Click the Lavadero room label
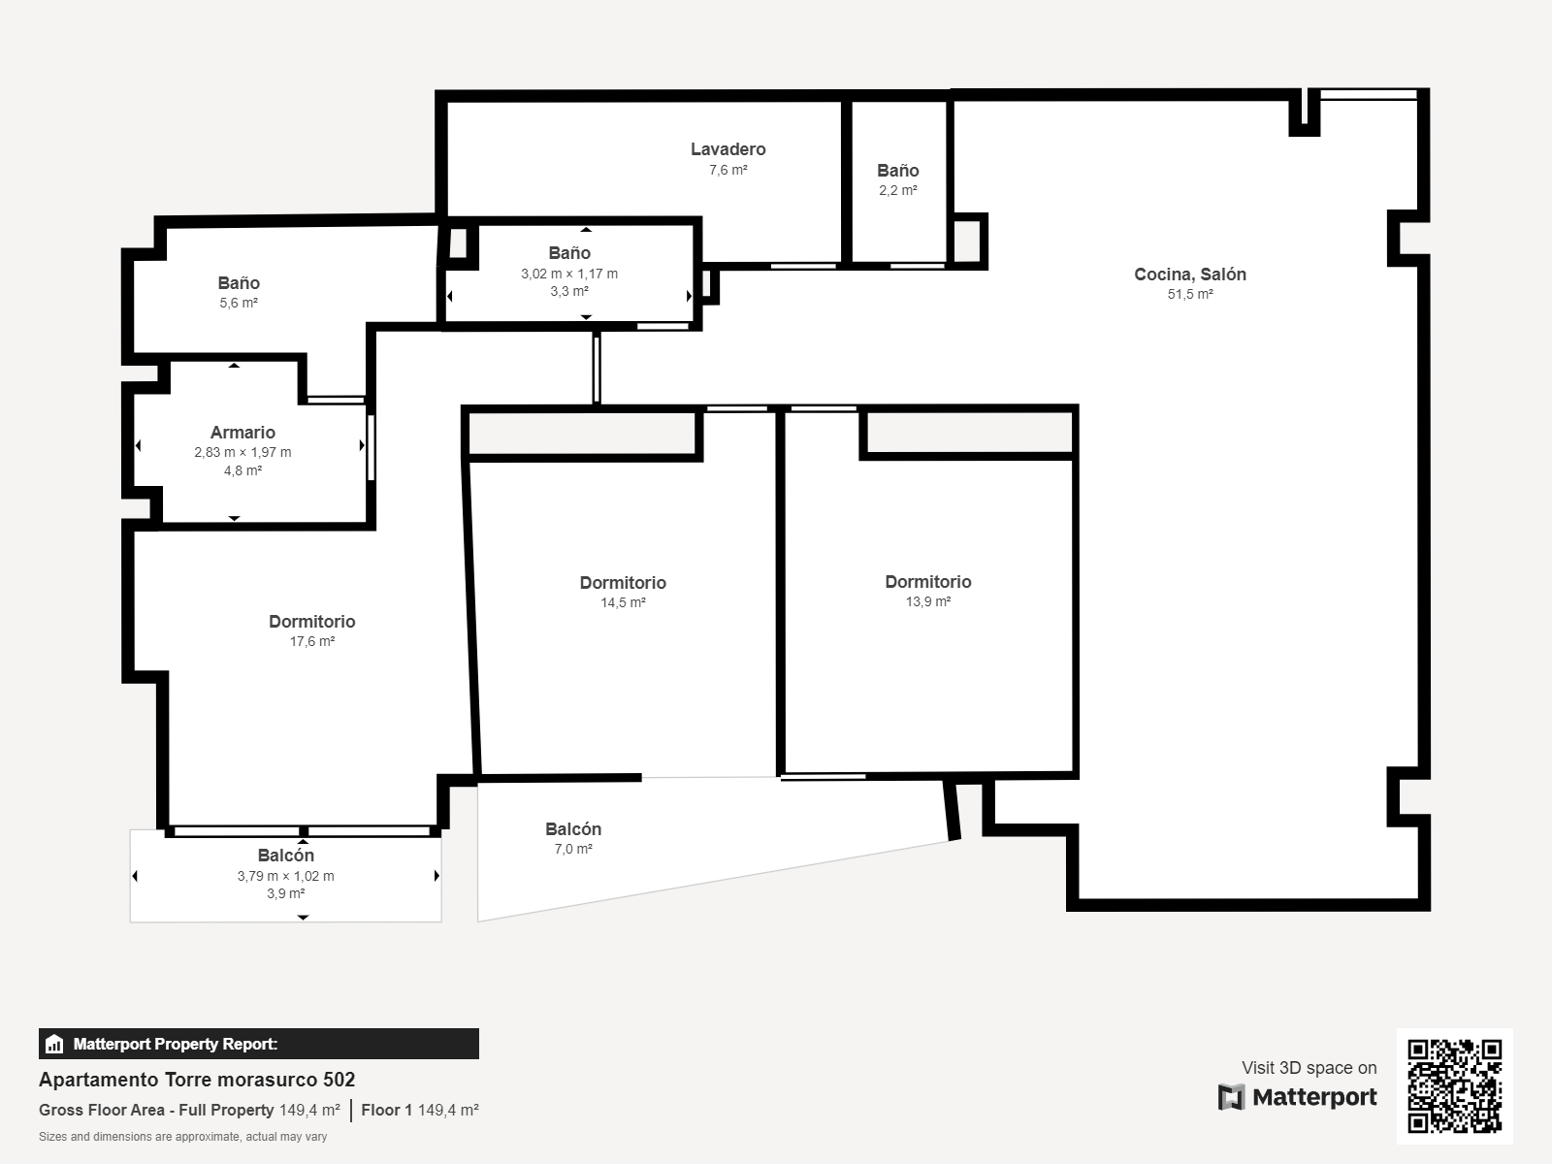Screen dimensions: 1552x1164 click(727, 149)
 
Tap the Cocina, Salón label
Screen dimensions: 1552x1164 click(1190, 275)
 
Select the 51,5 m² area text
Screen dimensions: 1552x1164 click(1190, 294)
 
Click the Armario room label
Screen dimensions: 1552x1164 click(242, 433)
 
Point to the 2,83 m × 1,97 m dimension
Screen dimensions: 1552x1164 click(242, 452)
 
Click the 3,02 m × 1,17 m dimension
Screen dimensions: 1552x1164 click(569, 274)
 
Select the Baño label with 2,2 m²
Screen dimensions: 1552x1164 click(898, 171)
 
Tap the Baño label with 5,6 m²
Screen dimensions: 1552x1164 click(239, 282)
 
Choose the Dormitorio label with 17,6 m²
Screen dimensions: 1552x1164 click(311, 621)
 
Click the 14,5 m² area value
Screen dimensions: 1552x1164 click(623, 602)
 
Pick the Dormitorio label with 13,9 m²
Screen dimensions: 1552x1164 click(927, 582)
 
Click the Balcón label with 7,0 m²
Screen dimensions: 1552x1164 click(572, 829)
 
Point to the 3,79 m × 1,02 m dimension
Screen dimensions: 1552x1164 click(285, 876)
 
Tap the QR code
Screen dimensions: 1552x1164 click(1454, 1086)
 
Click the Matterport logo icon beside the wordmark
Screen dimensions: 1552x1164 click(1231, 1097)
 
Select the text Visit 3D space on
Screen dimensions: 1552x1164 click(1309, 1068)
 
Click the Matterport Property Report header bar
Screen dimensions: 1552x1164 click(259, 1044)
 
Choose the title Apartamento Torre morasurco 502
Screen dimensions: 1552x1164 click(197, 1080)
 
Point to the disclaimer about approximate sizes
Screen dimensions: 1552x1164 click(182, 1137)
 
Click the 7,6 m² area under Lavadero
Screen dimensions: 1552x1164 click(728, 170)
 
